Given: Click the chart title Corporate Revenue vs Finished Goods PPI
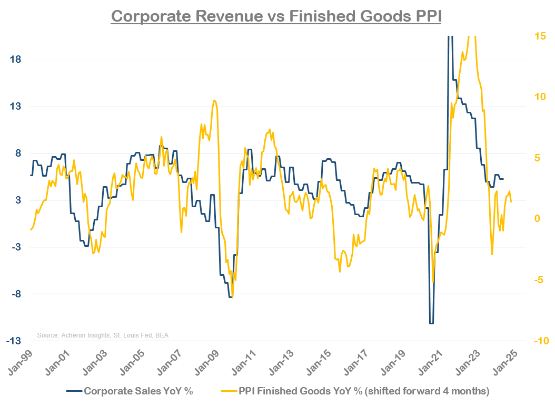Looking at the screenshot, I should [276, 16].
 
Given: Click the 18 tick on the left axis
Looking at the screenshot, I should [15, 60].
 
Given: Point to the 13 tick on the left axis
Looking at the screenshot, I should [15, 107].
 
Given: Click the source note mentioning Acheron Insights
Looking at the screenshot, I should [103, 335].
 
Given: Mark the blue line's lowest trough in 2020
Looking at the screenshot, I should [431, 323].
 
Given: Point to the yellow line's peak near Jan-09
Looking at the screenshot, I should [214, 100].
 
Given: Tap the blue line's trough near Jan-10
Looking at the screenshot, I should [230, 297].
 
